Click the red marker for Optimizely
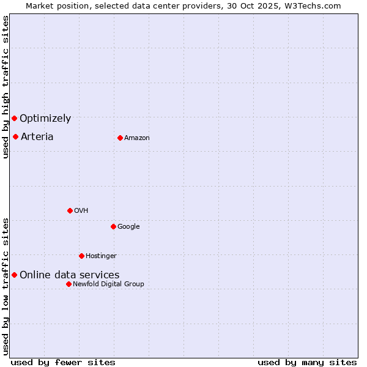click(x=14, y=118)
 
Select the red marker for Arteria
click(x=15, y=136)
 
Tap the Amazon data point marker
click(x=120, y=138)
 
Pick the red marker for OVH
click(x=70, y=210)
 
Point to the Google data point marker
click(x=113, y=226)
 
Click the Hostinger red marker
click(x=81, y=256)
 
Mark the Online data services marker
click(x=14, y=275)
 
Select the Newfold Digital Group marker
click(x=69, y=284)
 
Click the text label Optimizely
click(x=45, y=119)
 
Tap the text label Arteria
click(x=37, y=136)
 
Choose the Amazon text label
click(x=137, y=138)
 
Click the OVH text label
click(x=81, y=211)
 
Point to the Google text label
click(x=128, y=227)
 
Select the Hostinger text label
click(x=101, y=256)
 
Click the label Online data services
click(x=69, y=275)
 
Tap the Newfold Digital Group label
click(x=108, y=284)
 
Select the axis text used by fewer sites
click(x=63, y=362)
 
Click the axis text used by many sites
click(x=307, y=362)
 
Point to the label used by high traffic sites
click(x=6, y=87)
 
